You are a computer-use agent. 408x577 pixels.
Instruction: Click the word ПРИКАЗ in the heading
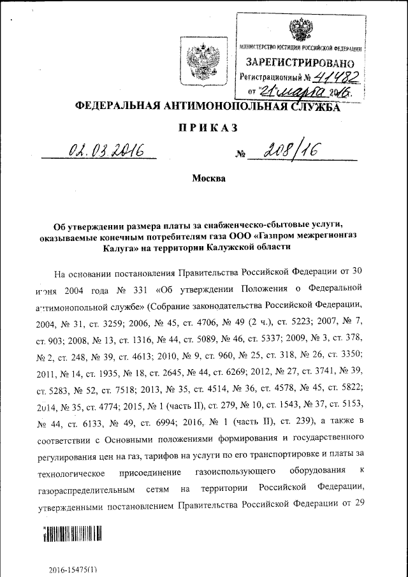pyautogui.click(x=207, y=128)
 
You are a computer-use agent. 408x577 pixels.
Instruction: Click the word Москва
pyautogui.click(x=208, y=179)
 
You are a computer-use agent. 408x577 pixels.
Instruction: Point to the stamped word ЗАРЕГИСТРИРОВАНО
pyautogui.click(x=300, y=63)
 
